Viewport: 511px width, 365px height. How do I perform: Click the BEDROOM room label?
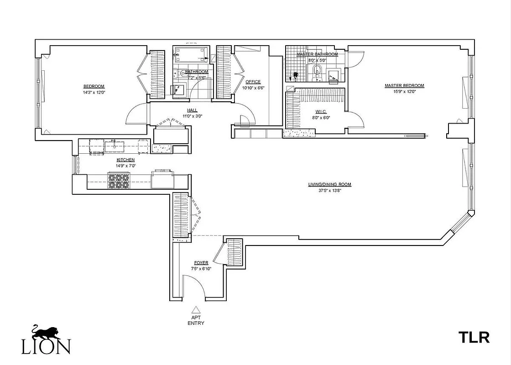click(x=94, y=86)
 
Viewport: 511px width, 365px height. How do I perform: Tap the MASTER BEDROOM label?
click(x=404, y=85)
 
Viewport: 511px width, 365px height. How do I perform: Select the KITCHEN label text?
click(x=125, y=160)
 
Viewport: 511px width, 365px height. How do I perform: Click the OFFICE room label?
click(x=253, y=82)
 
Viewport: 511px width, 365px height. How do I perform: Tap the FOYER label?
click(x=201, y=263)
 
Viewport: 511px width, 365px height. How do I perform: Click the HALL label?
click(x=192, y=110)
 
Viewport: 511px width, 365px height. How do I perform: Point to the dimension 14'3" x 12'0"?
click(x=94, y=93)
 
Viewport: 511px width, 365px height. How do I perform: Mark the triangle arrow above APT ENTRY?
click(x=195, y=309)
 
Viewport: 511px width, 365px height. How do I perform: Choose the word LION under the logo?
click(x=46, y=347)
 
